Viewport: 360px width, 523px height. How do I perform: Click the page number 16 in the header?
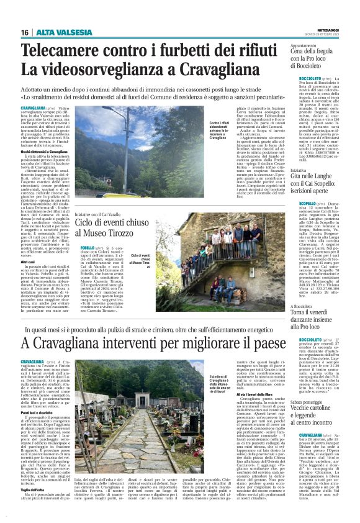coord(25,32)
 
